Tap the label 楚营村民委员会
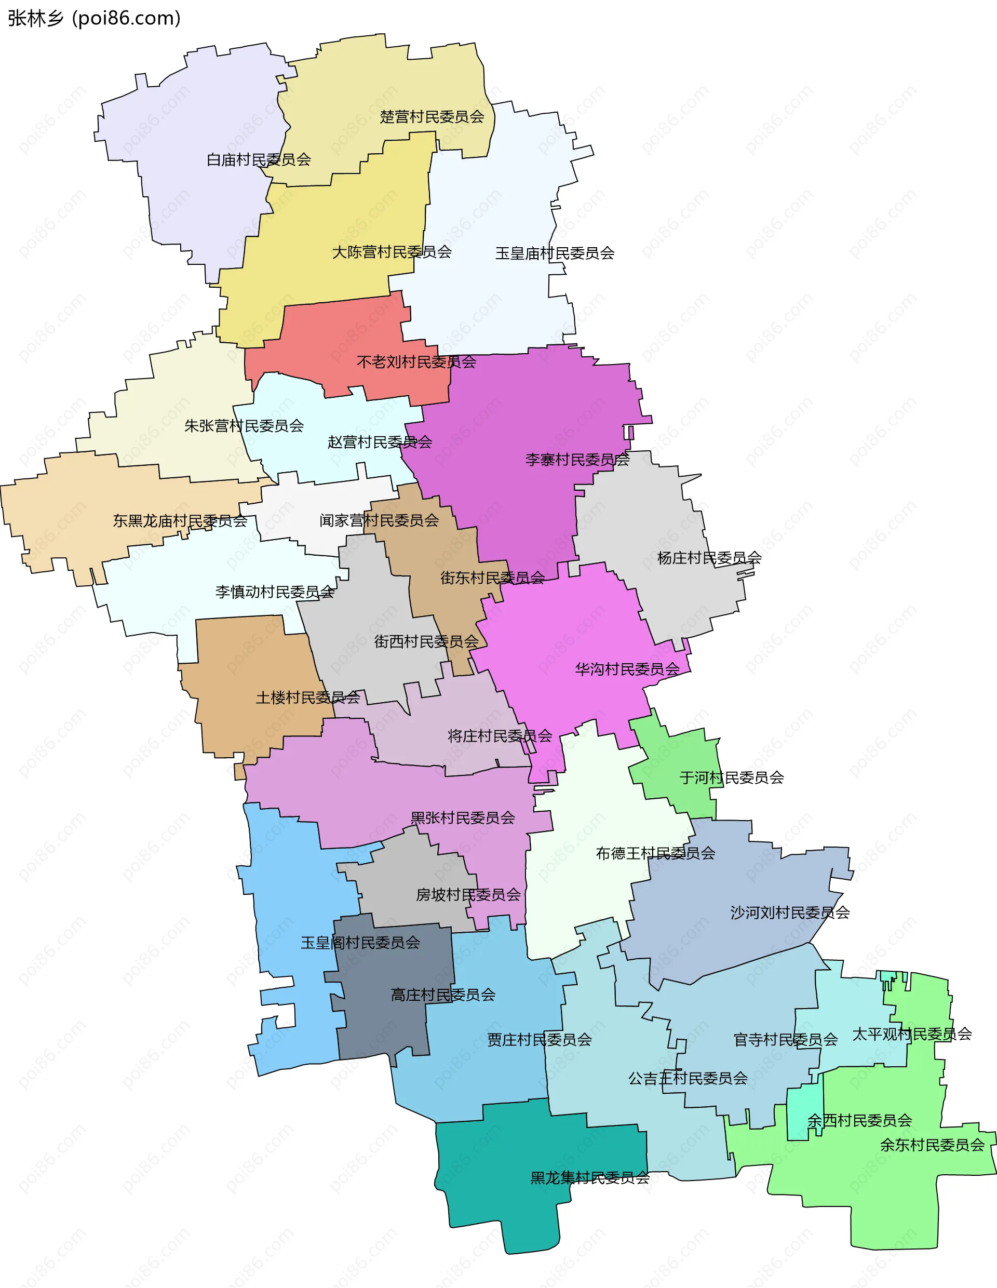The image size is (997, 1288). pyautogui.click(x=432, y=117)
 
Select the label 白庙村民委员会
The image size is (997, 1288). pyautogui.click(x=258, y=160)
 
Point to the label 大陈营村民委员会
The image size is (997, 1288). pyautogui.click(x=392, y=252)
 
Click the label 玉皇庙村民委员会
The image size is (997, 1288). pyautogui.click(x=554, y=253)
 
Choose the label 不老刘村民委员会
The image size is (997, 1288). pyautogui.click(x=416, y=361)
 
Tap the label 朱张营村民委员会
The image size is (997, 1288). pyautogui.click(x=244, y=426)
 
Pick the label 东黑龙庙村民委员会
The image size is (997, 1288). pyautogui.click(x=180, y=521)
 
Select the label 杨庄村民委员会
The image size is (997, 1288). pyautogui.click(x=709, y=558)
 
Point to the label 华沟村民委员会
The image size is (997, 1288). pyautogui.click(x=627, y=669)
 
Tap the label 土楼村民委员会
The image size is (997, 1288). pyautogui.click(x=307, y=697)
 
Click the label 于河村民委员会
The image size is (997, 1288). pyautogui.click(x=731, y=778)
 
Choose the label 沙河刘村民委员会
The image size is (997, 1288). pyautogui.click(x=789, y=913)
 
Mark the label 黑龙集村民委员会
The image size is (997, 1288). pyautogui.click(x=589, y=1178)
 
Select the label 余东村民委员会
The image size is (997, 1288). pyautogui.click(x=932, y=1145)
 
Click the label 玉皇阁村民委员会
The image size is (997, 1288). pyautogui.click(x=360, y=943)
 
